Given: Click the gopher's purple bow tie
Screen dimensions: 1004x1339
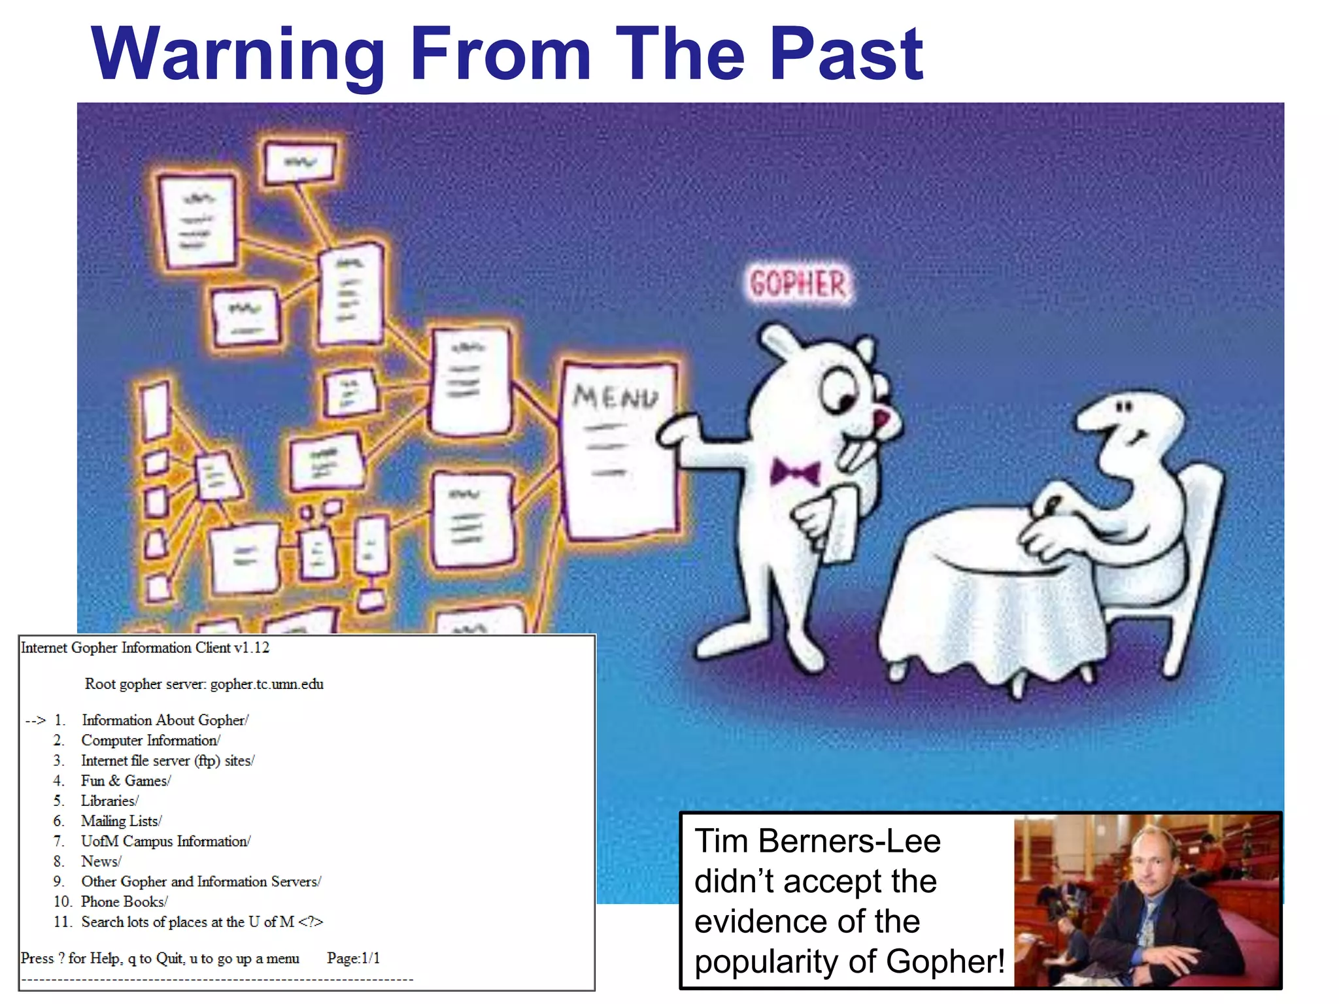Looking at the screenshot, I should (794, 471).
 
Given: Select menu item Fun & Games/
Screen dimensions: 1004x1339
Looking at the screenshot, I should (126, 780).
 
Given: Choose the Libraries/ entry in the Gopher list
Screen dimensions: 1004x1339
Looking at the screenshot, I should (109, 801).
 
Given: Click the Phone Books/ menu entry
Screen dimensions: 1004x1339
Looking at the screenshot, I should (124, 901).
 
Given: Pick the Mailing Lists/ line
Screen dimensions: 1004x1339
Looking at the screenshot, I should (121, 821).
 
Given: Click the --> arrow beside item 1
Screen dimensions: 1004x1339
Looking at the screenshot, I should (35, 720).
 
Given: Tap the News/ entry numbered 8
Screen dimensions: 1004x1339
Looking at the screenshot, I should (101, 862).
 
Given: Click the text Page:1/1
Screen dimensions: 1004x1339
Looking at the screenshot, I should (353, 958).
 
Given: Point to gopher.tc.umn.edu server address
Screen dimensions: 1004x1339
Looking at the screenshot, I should (267, 684).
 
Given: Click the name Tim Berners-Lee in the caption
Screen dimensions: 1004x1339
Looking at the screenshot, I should (817, 841).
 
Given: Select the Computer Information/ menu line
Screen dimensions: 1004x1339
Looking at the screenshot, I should (150, 741).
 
